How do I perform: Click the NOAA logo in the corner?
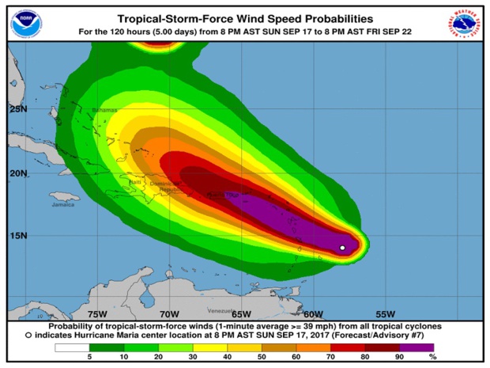pos(25,24)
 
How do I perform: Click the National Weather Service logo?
pos(465,24)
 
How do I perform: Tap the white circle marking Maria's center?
pos(342,248)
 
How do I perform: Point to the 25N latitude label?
pos(18,108)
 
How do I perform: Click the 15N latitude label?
pos(18,235)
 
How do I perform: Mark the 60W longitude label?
pos(313,313)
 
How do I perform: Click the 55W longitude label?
pos(384,313)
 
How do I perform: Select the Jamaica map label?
pos(63,204)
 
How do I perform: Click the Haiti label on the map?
pos(136,184)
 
